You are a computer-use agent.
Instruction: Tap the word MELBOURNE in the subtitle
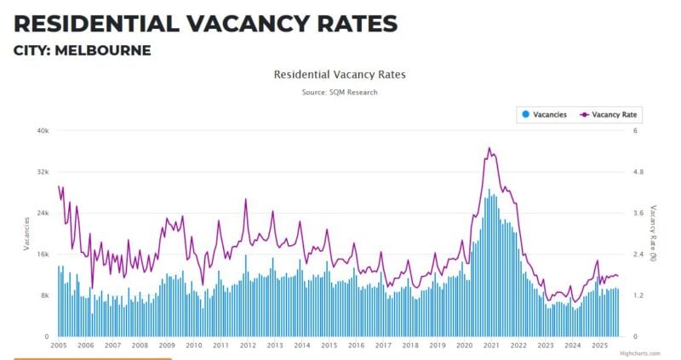click(107, 51)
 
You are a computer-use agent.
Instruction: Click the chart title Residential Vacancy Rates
click(340, 75)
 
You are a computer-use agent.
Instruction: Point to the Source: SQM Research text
click(340, 92)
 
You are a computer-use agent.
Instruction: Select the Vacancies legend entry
click(544, 114)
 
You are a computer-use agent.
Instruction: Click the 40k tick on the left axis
click(42, 130)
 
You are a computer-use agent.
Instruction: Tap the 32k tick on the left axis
click(42, 172)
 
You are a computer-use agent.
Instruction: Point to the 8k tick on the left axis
click(43, 295)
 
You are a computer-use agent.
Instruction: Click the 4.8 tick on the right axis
click(633, 172)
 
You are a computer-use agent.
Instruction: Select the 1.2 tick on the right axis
click(633, 295)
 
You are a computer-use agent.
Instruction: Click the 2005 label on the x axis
click(59, 346)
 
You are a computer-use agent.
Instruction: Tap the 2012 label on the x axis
click(248, 346)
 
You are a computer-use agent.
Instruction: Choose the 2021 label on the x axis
click(491, 346)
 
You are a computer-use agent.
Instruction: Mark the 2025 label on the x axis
click(599, 346)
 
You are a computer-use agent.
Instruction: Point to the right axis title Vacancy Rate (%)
click(653, 233)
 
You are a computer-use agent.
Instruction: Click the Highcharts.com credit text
click(639, 353)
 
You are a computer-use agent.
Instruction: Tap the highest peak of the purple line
click(489, 148)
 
